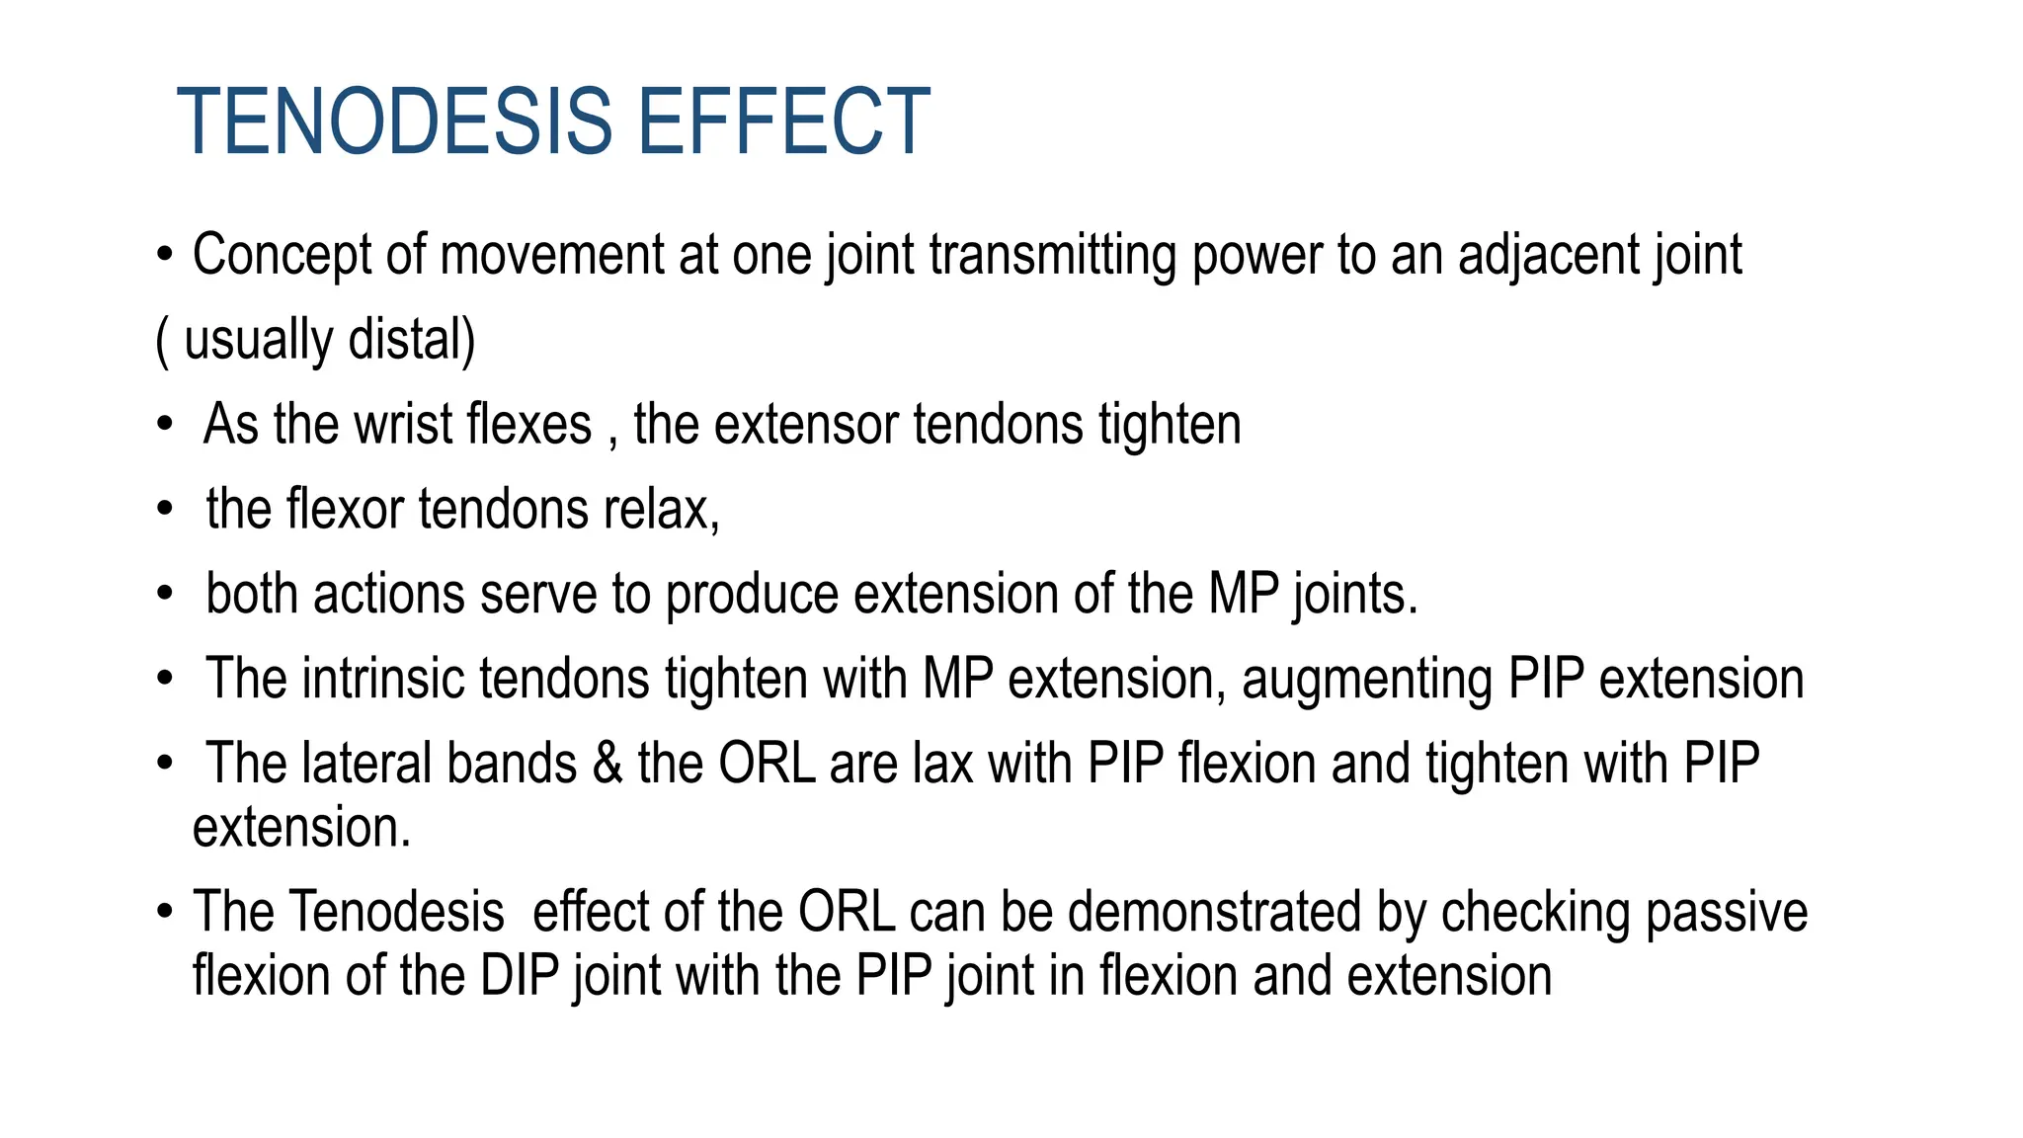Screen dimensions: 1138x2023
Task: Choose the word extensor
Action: click(806, 425)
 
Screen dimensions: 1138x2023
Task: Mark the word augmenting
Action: click(1366, 680)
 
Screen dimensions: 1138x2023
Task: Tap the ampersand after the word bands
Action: click(607, 764)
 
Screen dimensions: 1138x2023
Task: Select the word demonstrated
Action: click(1214, 912)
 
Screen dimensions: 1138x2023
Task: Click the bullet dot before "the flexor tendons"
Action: click(165, 510)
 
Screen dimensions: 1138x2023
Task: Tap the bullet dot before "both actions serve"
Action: click(165, 595)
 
